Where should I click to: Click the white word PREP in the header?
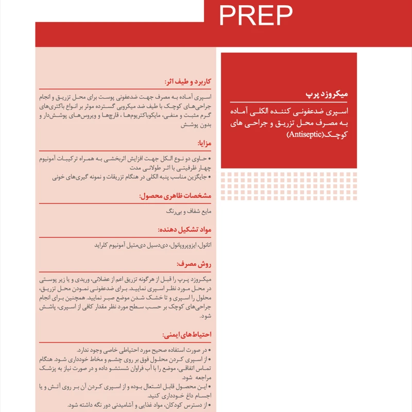click(x=256, y=15)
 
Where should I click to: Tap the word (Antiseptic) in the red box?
click(x=307, y=136)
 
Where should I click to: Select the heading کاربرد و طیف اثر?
click(x=187, y=82)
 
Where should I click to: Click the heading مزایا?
click(x=204, y=143)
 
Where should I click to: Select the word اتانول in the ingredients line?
click(x=205, y=245)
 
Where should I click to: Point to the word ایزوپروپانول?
click(x=178, y=245)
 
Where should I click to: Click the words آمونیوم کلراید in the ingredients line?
click(x=112, y=245)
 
